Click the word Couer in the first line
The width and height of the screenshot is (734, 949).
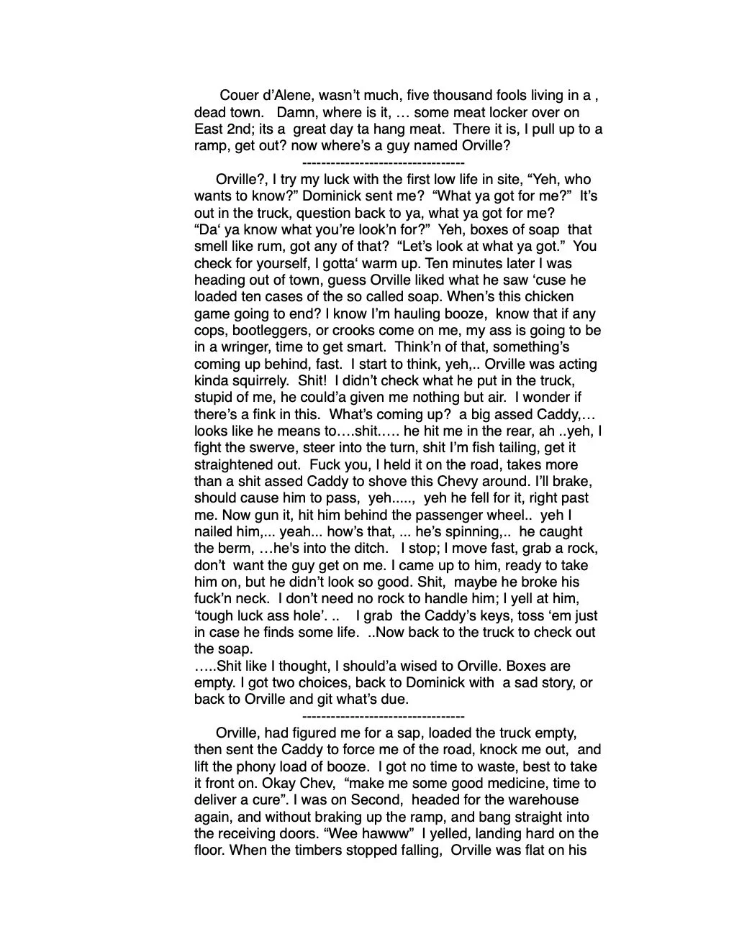pos(239,96)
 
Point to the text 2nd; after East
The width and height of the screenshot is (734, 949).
pos(249,129)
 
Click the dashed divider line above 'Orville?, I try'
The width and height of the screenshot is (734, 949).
pos(384,163)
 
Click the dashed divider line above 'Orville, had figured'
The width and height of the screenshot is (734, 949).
pos(384,717)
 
